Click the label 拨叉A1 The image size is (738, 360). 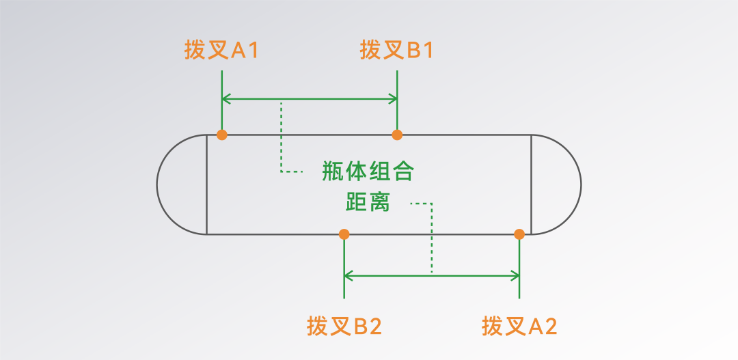221,51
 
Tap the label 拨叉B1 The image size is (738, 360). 397,51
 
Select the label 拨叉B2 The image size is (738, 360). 344,327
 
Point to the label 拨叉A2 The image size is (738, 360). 519,327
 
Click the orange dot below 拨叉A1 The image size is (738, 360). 221,135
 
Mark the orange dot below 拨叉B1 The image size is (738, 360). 397,135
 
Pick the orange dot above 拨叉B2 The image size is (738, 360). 344,234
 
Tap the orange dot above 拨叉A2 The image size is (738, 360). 519,234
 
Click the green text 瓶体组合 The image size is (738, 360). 368,171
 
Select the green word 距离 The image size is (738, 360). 368,202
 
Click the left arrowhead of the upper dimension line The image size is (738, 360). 226,100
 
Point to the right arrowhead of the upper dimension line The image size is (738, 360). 392,100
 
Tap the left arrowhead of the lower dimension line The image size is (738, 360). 348,276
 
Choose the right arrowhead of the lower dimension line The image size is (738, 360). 515,276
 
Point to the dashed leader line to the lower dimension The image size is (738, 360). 432,239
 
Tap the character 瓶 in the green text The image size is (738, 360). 333,171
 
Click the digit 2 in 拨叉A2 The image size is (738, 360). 551,327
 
